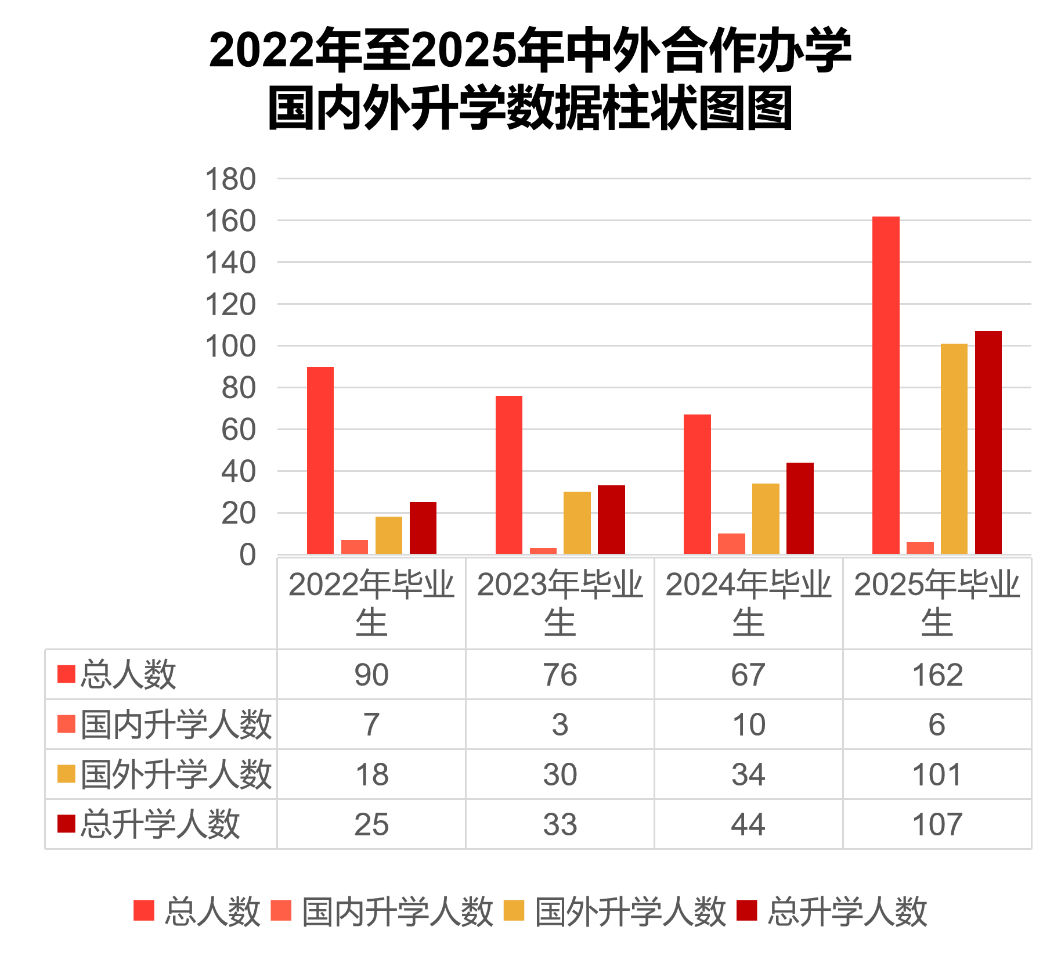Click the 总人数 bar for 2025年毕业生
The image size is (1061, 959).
[886, 385]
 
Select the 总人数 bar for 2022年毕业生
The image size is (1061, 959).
[320, 460]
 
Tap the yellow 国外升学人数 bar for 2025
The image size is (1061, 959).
[954, 449]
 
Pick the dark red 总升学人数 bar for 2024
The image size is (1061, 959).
[800, 509]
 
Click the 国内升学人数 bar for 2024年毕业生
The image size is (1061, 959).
[731, 544]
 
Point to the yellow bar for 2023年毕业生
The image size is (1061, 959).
[577, 523]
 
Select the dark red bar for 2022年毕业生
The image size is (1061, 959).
[423, 528]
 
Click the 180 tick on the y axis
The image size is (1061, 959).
[230, 179]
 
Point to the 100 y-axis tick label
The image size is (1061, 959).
[230, 347]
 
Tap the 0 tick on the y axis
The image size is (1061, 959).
[247, 555]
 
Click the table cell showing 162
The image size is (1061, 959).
[937, 675]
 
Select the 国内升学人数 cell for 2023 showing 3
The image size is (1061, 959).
[560, 724]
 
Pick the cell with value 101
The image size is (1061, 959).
[937, 774]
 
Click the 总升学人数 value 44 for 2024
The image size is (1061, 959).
[748, 824]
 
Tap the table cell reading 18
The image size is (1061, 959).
[371, 774]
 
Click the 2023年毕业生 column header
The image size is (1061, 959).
[560, 603]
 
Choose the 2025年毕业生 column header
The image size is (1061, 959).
[937, 603]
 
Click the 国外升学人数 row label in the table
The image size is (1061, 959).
[176, 774]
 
